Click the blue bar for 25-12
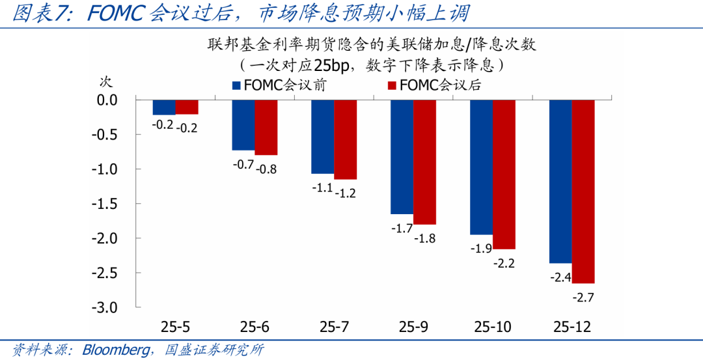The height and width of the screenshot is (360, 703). pyautogui.click(x=560, y=182)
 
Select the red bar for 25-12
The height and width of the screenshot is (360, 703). pyautogui.click(x=583, y=191)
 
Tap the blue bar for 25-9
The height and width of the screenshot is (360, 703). pyautogui.click(x=402, y=157)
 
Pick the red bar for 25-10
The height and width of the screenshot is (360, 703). pyautogui.click(x=504, y=174)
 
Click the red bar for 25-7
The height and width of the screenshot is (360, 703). pyautogui.click(x=346, y=140)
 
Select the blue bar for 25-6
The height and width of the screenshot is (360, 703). pyautogui.click(x=243, y=125)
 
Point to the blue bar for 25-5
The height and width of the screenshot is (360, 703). pyautogui.click(x=164, y=107)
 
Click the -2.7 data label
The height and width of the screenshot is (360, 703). pyautogui.click(x=582, y=298)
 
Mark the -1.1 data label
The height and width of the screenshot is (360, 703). pyautogui.click(x=322, y=188)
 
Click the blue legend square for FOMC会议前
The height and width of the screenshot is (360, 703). pyautogui.click(x=237, y=85)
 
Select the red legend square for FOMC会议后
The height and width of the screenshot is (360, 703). pyautogui.click(x=392, y=85)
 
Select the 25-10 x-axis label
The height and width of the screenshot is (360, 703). pyautogui.click(x=492, y=327)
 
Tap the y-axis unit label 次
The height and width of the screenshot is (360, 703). pyautogui.click(x=105, y=82)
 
